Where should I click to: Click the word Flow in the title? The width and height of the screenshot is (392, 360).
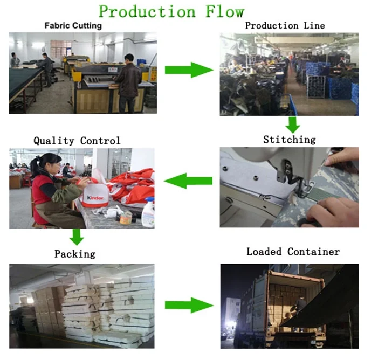click(x=221, y=11)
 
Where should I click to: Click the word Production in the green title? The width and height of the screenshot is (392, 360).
click(x=145, y=11)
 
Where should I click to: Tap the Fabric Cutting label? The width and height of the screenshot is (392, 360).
click(x=73, y=25)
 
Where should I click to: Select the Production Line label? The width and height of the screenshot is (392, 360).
click(x=285, y=25)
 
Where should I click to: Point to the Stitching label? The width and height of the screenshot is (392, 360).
click(x=289, y=140)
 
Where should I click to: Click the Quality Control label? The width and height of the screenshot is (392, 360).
click(x=77, y=141)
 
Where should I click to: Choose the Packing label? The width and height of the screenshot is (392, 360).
click(x=75, y=253)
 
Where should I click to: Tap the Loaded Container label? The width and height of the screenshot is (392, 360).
click(x=293, y=252)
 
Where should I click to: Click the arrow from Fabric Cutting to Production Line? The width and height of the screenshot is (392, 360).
click(x=188, y=70)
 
